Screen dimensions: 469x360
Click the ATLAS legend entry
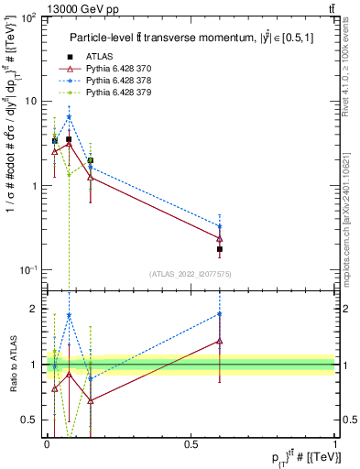click(100, 57)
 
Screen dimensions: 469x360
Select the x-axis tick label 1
click(335, 443)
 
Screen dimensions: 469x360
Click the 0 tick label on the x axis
click(46, 443)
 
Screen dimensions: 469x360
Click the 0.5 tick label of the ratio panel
click(32, 420)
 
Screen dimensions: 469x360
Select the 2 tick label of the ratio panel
click(37, 309)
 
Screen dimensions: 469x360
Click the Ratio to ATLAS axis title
click(11, 365)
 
